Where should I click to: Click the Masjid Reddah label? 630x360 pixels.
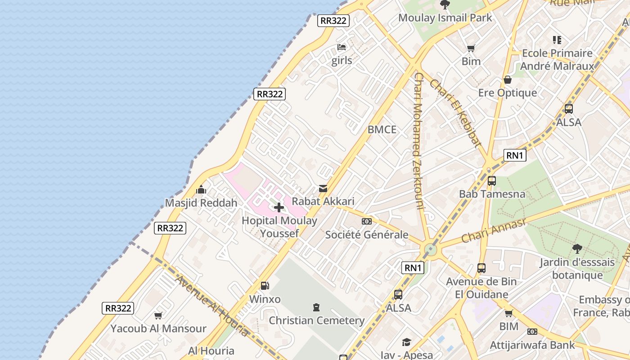click(201, 203)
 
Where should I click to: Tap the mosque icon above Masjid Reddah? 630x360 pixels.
click(201, 189)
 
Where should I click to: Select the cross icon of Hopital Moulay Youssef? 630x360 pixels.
click(279, 207)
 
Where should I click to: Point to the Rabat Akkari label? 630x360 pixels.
click(323, 201)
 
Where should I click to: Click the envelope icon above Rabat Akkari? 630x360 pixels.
click(323, 189)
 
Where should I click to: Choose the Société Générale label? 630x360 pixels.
click(367, 234)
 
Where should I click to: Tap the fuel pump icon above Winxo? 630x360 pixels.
click(265, 285)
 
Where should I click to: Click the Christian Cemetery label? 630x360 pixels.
click(316, 320)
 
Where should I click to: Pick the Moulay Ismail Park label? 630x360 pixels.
click(445, 18)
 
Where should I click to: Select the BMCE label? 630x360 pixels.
click(382, 130)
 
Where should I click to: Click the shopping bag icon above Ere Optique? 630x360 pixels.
click(508, 80)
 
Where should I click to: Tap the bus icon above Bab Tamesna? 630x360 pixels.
click(492, 181)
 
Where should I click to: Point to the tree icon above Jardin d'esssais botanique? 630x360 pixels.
click(577, 248)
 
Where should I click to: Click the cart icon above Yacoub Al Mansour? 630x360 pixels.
click(158, 315)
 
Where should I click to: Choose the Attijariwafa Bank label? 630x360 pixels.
click(532, 345)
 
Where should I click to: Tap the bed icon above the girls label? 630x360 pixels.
click(342, 47)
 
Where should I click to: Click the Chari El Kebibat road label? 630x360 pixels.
click(455, 113)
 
